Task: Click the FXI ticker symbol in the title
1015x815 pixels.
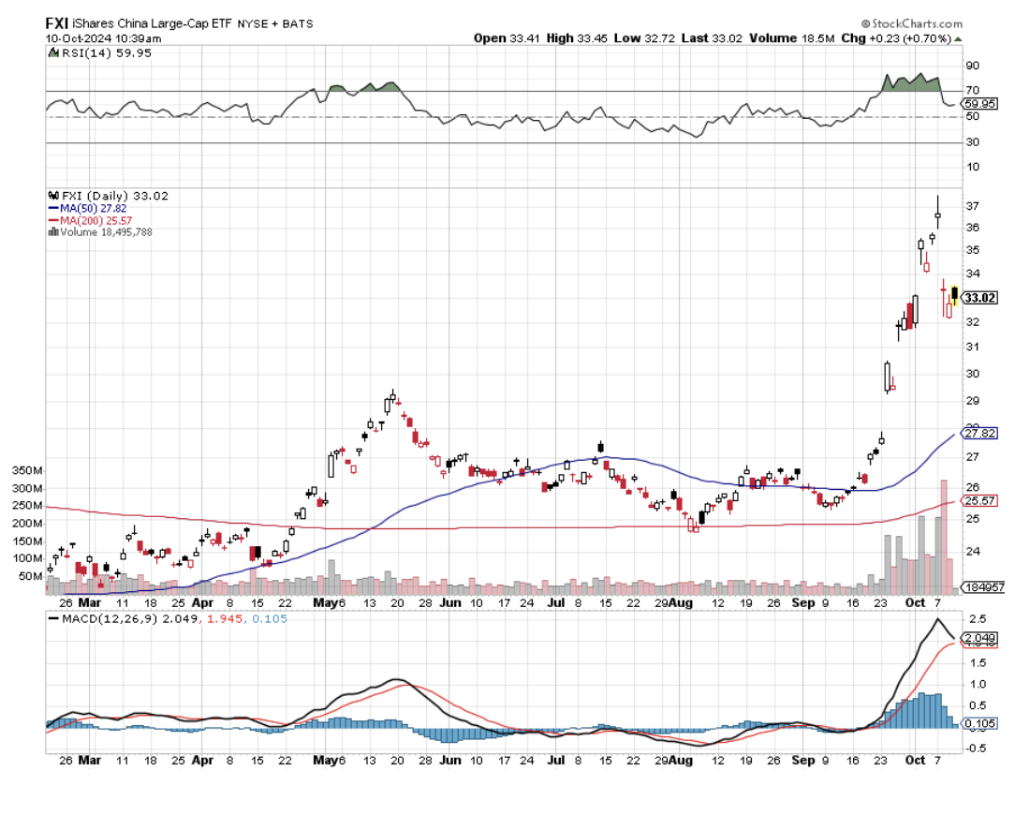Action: tap(56, 22)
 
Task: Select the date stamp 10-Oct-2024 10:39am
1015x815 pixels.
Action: tap(103, 38)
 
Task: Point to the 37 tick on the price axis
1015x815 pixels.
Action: tap(973, 206)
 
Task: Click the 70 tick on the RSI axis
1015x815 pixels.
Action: tap(973, 91)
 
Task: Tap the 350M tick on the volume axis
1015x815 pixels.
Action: tap(26, 470)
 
